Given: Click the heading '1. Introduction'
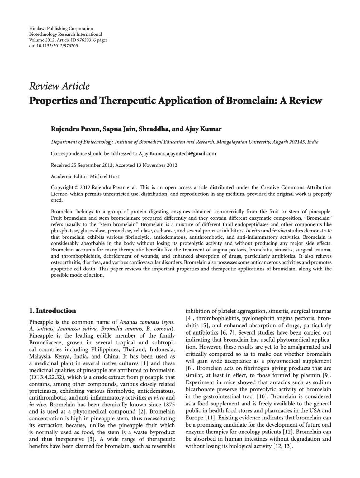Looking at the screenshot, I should pos(52,311).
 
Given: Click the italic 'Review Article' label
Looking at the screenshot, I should pos(59,86).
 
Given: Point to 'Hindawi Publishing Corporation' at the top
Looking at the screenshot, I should pos(61,29).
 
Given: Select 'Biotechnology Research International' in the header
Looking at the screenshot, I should pos(65,34).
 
